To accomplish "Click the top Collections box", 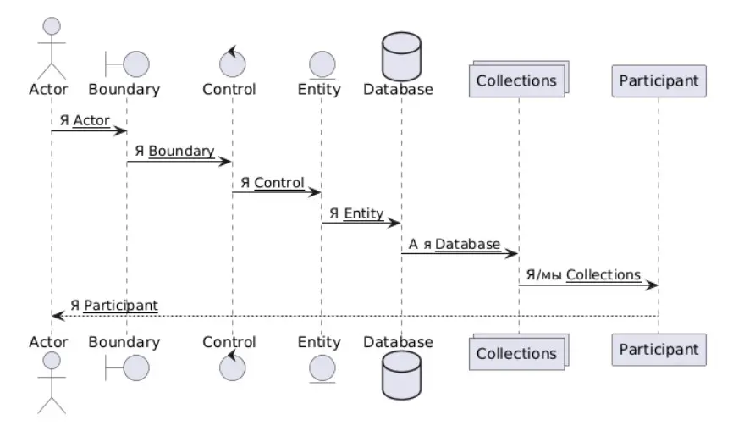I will point(516,81).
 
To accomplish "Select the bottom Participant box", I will point(659,349).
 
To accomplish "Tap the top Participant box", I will point(659,81).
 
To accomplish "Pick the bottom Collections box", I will point(516,352).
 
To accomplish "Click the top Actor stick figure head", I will point(52,25).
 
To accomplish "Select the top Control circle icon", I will point(231,62).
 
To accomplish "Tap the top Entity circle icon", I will point(320,63).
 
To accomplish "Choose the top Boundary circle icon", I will point(135,63).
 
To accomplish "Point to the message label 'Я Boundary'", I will point(174,152).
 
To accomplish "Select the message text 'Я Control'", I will point(272,182).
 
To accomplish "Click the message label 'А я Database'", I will point(455,244).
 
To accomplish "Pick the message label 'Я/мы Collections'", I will point(583,275).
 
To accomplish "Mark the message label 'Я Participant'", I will point(113,305).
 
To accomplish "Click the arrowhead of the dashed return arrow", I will point(58,316).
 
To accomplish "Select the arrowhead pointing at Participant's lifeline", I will point(652,285).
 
